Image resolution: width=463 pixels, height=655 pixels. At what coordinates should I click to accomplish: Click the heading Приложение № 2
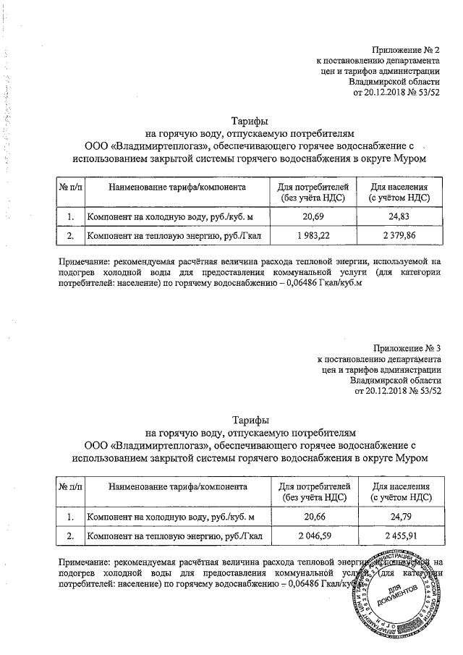point(407,50)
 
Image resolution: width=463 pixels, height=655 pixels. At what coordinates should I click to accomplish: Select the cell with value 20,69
point(313,216)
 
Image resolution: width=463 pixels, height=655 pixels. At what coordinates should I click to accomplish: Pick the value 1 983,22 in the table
point(313,236)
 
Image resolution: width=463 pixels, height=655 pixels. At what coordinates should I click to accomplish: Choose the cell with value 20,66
point(313,516)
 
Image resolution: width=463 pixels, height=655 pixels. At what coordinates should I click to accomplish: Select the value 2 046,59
point(313,536)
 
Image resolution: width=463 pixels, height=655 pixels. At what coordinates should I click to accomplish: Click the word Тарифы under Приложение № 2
point(250,120)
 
